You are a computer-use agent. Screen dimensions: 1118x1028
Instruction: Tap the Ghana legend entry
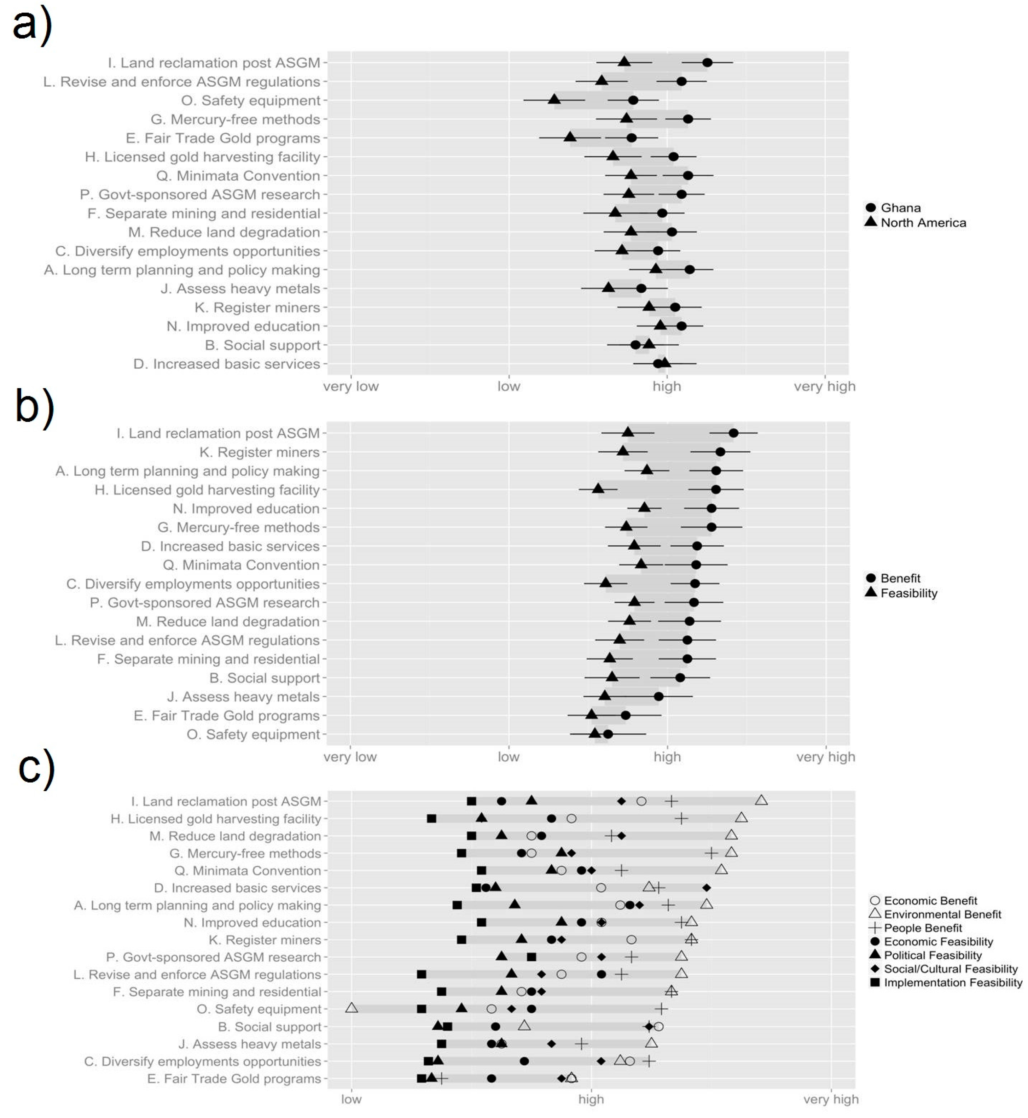coord(900,208)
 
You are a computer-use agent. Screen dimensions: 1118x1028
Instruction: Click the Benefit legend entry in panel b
coord(900,578)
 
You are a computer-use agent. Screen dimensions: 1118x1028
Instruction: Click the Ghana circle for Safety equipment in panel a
coord(633,101)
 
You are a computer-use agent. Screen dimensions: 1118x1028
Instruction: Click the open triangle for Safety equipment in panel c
coord(352,1008)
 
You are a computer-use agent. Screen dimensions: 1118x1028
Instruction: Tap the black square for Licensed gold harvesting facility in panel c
coord(431,818)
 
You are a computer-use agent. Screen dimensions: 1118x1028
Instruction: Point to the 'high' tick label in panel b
coord(667,757)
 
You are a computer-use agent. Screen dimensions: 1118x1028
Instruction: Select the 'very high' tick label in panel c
coord(831,1099)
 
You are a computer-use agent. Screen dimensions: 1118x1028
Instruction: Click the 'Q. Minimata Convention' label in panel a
coord(238,176)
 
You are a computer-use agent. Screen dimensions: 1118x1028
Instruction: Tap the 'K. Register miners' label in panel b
coord(259,452)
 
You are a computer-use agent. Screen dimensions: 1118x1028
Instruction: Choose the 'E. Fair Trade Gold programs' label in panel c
coord(234,1078)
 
